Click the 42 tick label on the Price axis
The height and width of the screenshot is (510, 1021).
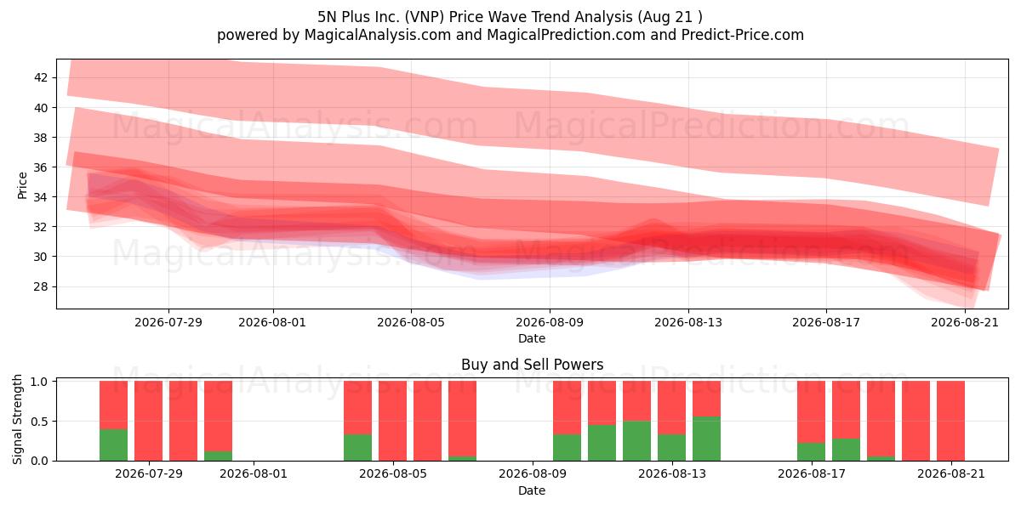point(41,77)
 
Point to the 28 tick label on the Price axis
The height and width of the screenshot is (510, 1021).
point(41,286)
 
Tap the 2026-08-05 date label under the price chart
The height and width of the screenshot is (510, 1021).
point(411,322)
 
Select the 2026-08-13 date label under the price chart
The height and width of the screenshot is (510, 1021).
point(688,322)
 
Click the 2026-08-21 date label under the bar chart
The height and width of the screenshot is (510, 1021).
point(951,473)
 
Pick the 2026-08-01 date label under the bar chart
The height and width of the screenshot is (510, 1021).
point(254,473)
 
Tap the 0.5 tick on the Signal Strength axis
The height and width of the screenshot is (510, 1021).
point(39,422)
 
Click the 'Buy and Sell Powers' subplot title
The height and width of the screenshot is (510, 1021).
point(532,365)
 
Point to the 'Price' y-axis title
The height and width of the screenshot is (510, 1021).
point(22,185)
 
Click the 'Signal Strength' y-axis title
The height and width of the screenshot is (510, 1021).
point(17,419)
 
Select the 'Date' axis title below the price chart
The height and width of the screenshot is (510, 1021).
point(532,338)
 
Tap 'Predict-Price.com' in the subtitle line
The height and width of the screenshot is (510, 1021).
point(743,35)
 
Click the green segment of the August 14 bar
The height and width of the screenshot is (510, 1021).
point(706,439)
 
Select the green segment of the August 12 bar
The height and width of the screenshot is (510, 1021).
point(636,441)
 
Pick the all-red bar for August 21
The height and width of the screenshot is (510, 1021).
point(951,421)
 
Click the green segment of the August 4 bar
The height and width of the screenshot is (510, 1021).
point(358,448)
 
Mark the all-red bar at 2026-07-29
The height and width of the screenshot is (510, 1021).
point(149,421)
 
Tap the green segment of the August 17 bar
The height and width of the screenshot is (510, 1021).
point(812,451)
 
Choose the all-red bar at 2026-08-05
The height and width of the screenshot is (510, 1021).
point(392,421)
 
